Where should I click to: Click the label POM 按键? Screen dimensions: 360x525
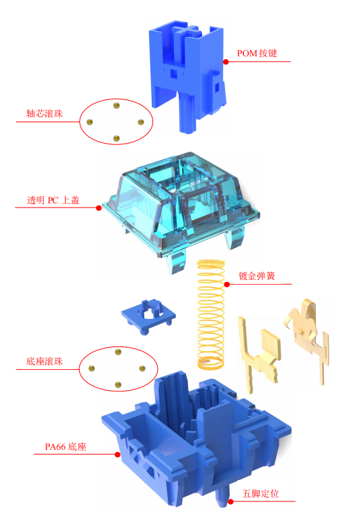tap(257, 53)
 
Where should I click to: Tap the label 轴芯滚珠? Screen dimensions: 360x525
tap(44, 113)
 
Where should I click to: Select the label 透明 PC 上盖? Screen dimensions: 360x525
tap(53, 200)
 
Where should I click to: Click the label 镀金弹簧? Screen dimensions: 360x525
tap(257, 276)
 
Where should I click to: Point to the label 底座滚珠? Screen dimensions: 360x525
tap(44, 361)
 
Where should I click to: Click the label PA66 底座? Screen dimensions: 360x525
tap(66, 446)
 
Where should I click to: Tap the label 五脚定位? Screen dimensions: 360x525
tap(261, 493)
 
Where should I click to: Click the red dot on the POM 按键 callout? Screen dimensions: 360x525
tap(226, 62)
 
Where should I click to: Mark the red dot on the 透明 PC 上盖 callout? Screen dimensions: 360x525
tap(99, 208)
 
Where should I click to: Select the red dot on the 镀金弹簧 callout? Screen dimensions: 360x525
tap(227, 285)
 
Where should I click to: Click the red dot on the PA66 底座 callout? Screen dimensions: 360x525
tap(118, 455)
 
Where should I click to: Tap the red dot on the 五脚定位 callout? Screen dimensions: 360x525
tap(230, 502)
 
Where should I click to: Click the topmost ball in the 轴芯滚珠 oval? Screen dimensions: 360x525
tap(116, 106)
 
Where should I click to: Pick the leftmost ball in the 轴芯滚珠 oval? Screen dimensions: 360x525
tap(90, 122)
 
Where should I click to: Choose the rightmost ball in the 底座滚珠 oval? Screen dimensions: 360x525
tap(142, 369)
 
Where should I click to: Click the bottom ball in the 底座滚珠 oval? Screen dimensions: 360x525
tap(118, 385)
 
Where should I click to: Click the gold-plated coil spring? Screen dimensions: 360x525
tap(210, 314)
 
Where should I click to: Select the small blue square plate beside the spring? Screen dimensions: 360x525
tap(148, 316)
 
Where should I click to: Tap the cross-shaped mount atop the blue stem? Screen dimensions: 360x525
tap(186, 30)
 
